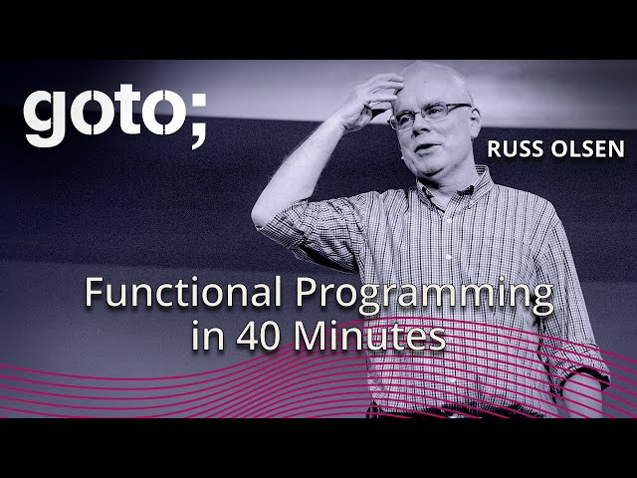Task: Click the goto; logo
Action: tap(115, 116)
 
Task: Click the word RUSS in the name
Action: tap(515, 148)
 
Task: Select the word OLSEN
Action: tap(587, 148)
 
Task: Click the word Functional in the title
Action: tap(183, 292)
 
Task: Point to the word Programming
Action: tap(425, 296)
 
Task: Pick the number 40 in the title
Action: tap(258, 337)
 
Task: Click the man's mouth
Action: tap(425, 147)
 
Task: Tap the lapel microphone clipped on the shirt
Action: tap(470, 189)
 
